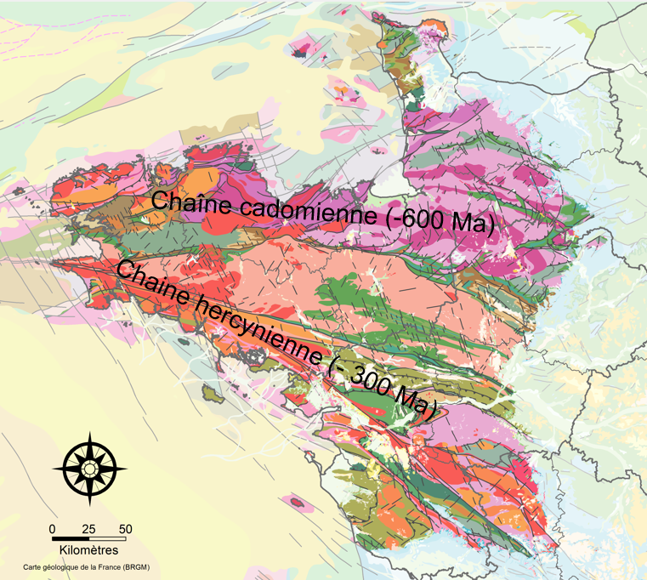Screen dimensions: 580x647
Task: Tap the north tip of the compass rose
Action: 89,433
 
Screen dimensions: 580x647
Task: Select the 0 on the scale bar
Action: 53,529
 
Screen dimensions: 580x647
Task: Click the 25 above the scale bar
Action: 88,529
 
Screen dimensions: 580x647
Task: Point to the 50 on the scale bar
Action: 125,529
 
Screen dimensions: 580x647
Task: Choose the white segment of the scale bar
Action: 107,538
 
